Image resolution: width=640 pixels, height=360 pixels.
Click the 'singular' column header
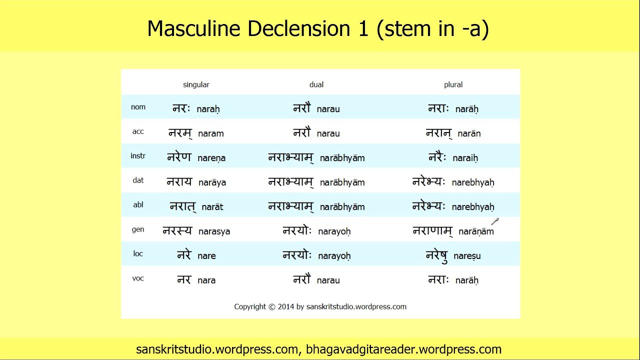(x=196, y=85)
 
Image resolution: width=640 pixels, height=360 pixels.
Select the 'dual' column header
(x=316, y=85)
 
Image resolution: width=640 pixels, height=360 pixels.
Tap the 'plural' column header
(x=453, y=85)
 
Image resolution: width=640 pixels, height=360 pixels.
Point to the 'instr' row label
(x=138, y=156)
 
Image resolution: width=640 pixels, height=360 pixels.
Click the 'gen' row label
(x=138, y=229)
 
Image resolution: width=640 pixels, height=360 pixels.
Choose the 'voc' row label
(x=138, y=278)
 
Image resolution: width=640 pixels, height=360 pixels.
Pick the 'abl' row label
(x=138, y=204)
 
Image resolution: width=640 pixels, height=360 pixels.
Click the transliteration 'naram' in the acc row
(x=211, y=133)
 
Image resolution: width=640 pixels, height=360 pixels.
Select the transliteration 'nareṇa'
(x=211, y=158)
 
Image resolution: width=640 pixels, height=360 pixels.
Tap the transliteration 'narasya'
(x=214, y=231)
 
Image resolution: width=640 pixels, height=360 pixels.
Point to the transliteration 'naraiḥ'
(x=465, y=158)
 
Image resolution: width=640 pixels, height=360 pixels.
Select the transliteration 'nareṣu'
(x=467, y=256)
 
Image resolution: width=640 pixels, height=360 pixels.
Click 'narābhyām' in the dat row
(x=342, y=182)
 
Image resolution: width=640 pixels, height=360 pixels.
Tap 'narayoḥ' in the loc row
(x=334, y=256)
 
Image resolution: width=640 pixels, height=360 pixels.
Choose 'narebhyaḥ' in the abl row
(x=473, y=207)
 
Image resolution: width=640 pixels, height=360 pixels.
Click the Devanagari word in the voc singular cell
(x=184, y=279)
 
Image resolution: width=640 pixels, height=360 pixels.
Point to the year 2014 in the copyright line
(x=286, y=306)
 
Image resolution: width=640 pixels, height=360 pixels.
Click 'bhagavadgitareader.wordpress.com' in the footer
(x=403, y=349)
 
